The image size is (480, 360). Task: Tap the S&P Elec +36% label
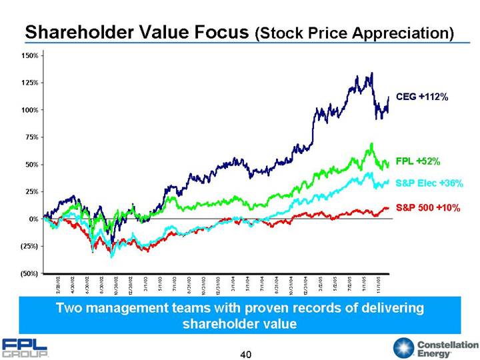click(428, 183)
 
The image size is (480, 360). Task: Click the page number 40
click(246, 353)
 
